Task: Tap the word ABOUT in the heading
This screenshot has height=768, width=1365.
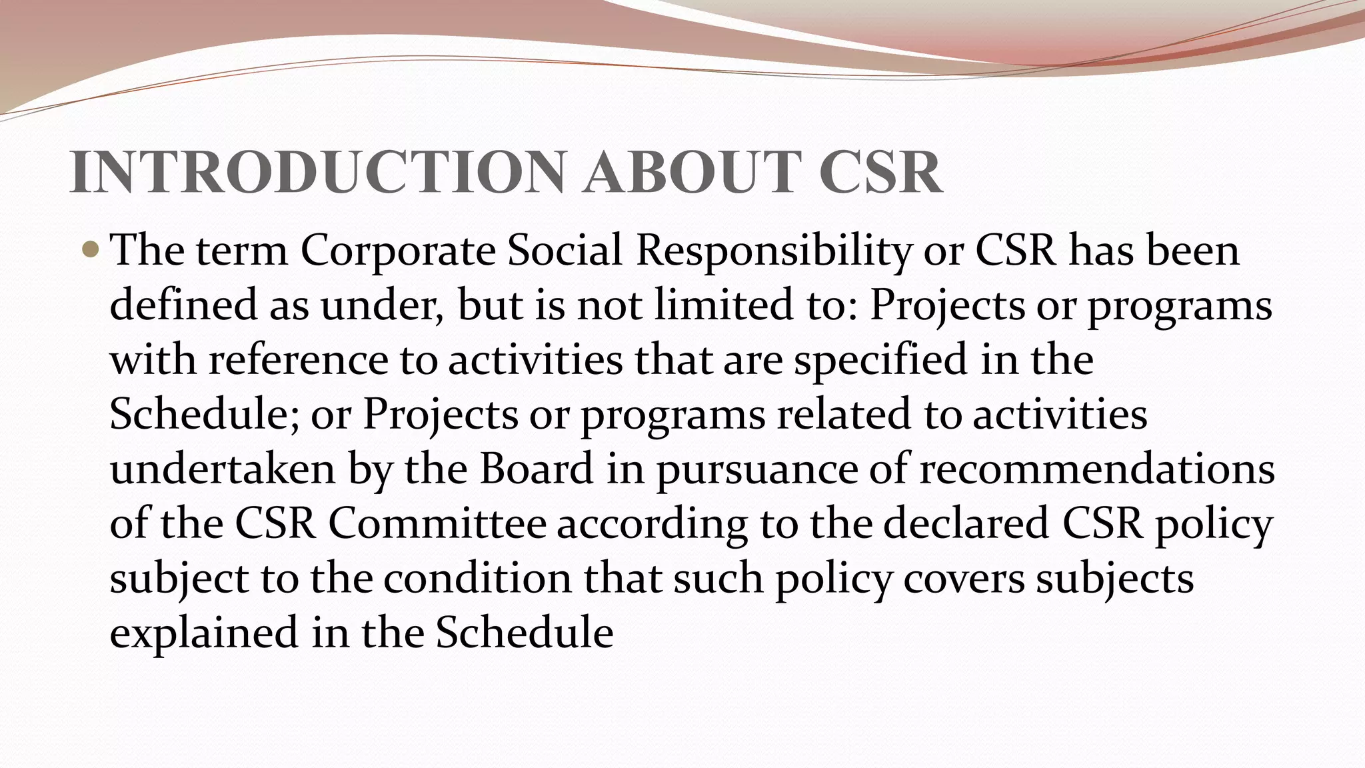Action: (690, 173)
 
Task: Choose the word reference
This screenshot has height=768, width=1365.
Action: (299, 360)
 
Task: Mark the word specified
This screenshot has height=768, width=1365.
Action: (880, 360)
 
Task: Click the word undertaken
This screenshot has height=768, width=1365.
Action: (223, 469)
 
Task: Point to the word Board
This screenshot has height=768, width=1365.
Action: (537, 469)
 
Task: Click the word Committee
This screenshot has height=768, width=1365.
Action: (437, 523)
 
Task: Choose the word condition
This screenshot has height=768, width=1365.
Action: (477, 578)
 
